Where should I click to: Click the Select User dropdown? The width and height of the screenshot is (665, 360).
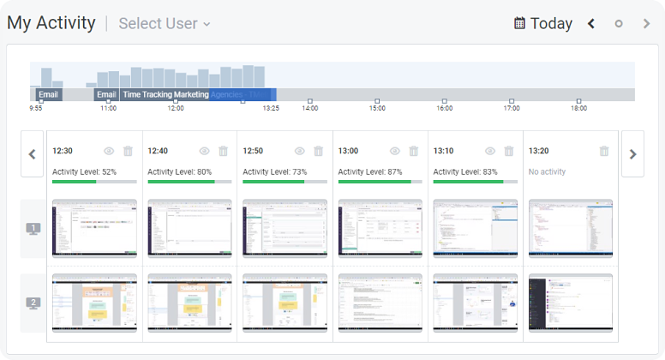pyautogui.click(x=165, y=24)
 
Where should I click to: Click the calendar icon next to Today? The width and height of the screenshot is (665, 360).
pyautogui.click(x=519, y=23)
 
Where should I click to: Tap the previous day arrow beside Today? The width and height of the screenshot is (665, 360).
pyautogui.click(x=591, y=23)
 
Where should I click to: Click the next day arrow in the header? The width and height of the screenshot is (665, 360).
pyautogui.click(x=646, y=23)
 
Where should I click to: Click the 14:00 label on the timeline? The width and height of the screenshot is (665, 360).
pyautogui.click(x=310, y=108)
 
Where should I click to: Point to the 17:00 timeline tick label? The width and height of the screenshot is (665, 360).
pyautogui.click(x=512, y=108)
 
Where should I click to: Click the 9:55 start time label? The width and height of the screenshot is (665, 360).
pyautogui.click(x=36, y=108)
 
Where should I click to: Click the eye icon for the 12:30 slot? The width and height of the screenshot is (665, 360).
pyautogui.click(x=109, y=151)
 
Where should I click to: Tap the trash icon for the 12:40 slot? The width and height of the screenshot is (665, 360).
pyautogui.click(x=223, y=151)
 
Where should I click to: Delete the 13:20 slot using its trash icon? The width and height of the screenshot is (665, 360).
pyautogui.click(x=604, y=151)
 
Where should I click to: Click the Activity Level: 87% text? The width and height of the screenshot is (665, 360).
pyautogui.click(x=370, y=171)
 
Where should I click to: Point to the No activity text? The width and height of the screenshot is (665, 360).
pyautogui.click(x=547, y=171)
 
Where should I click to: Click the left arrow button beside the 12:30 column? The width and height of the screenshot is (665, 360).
pyautogui.click(x=32, y=154)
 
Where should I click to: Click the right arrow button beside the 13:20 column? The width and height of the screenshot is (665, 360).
pyautogui.click(x=632, y=154)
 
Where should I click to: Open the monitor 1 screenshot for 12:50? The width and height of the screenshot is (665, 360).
pyautogui.click(x=285, y=228)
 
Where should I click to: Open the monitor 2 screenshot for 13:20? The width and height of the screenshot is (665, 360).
pyautogui.click(x=570, y=303)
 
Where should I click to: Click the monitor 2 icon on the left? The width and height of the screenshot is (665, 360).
pyautogui.click(x=33, y=303)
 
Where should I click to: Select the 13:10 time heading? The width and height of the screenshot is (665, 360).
pyautogui.click(x=443, y=151)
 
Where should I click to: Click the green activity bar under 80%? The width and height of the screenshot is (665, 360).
pyautogui.click(x=180, y=182)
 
